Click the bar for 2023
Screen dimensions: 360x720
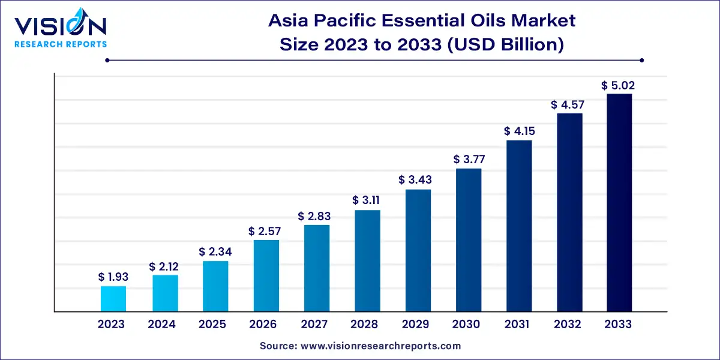[113, 299]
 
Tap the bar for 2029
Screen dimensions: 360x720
[418, 250]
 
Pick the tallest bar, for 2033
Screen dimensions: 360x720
[619, 202]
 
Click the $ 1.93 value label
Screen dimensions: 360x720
[113, 277]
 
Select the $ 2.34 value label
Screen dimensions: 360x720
[215, 252]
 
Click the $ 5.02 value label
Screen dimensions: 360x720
[619, 86]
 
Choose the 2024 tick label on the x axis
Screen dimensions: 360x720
[162, 325]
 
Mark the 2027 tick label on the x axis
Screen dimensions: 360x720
[314, 325]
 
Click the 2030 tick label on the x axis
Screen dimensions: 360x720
[466, 325]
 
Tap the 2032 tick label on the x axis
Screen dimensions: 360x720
[568, 325]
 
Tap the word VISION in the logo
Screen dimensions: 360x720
[60, 26]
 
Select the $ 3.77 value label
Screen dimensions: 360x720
[469, 160]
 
